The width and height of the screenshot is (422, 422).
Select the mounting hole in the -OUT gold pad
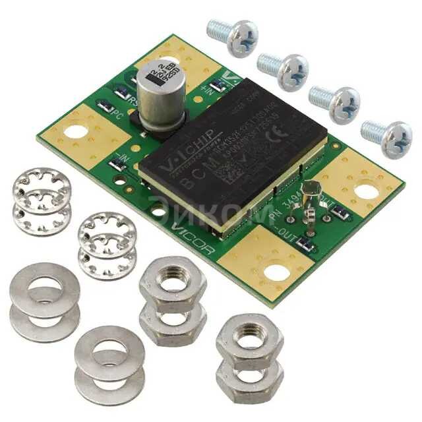(x=277, y=271)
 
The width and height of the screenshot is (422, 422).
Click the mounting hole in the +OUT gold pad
(x=364, y=192)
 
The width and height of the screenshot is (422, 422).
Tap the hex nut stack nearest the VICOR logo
(x=173, y=297)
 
